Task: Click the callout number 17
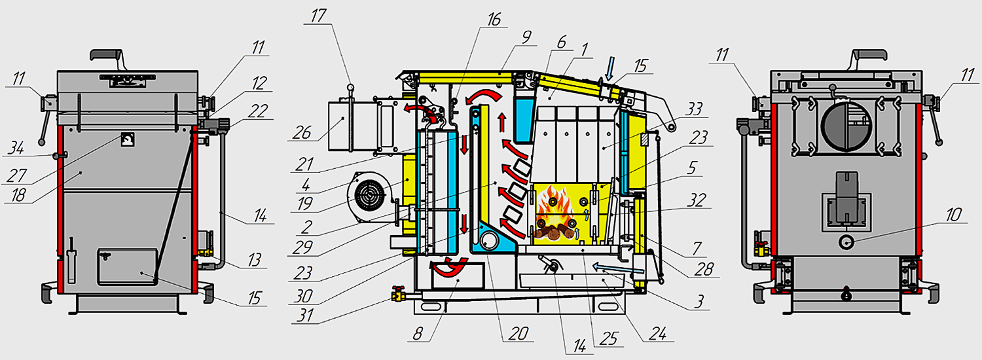coord(319,16)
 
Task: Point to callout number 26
coord(302,132)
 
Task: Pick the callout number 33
coord(693,109)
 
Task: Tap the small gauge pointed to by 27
coord(127,139)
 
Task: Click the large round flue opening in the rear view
coord(846,126)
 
